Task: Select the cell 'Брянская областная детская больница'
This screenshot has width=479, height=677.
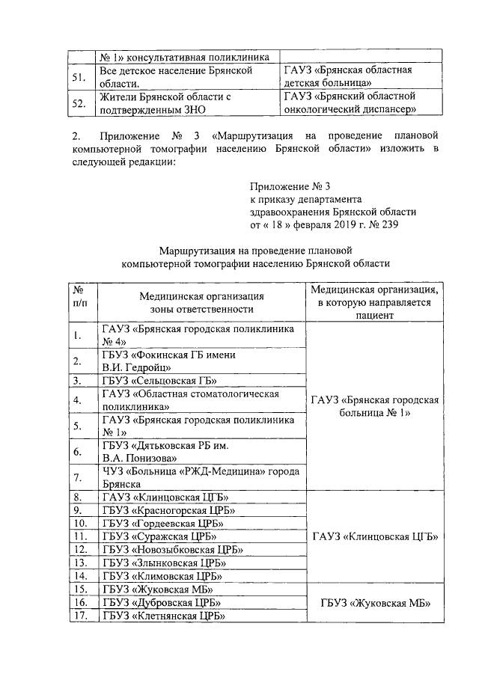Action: click(348, 77)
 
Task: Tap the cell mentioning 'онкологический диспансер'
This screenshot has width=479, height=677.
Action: click(348, 103)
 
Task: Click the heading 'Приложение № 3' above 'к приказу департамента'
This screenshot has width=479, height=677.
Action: click(290, 186)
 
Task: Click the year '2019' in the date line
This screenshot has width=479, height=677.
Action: click(341, 224)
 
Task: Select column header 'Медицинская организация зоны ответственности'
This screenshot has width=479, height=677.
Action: click(201, 302)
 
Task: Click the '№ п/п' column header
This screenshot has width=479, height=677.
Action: click(77, 302)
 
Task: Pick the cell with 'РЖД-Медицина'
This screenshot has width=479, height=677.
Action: click(200, 477)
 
